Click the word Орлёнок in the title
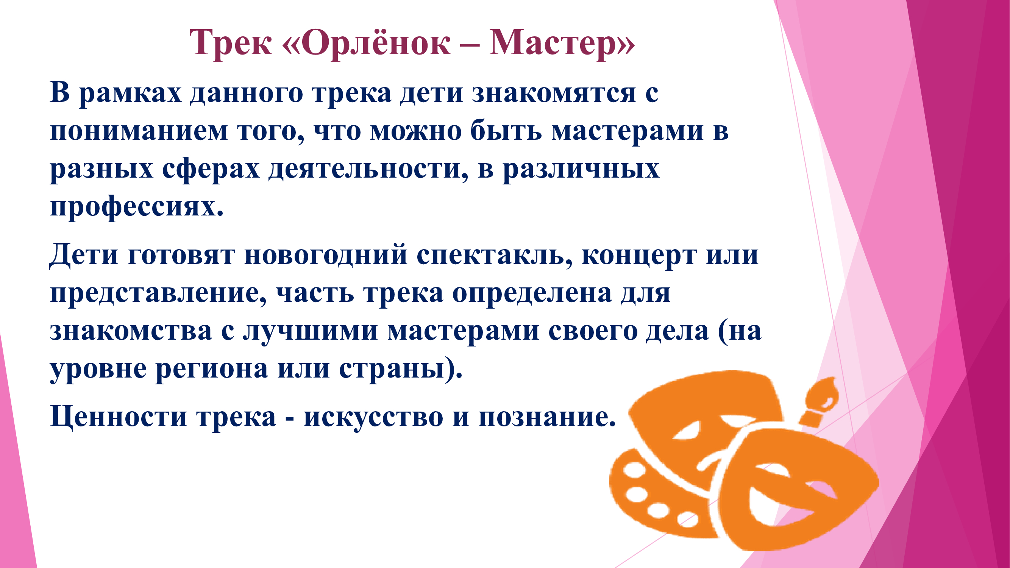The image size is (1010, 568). (376, 42)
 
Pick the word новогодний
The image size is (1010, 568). (325, 255)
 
